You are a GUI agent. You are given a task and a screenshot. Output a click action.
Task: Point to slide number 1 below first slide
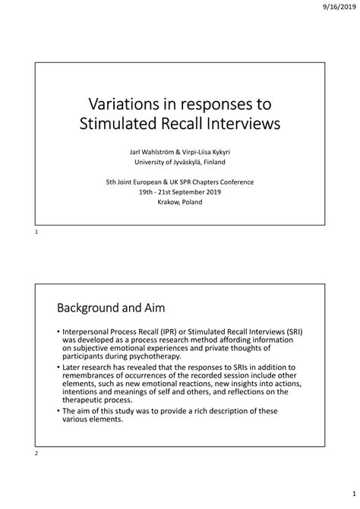coord(36,232)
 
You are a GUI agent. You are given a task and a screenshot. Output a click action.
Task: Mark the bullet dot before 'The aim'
coord(58,411)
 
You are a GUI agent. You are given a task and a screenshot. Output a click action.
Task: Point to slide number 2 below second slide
coord(36,454)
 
